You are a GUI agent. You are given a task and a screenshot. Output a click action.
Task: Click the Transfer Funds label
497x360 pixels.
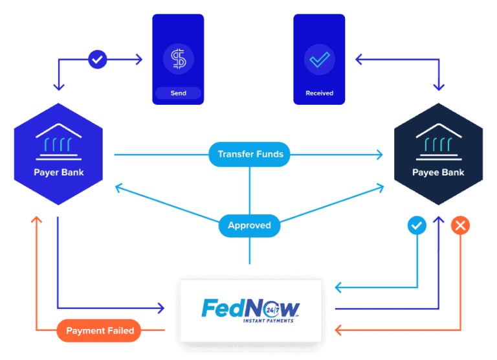(x=250, y=154)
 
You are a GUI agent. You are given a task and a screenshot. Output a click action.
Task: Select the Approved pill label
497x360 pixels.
(x=249, y=226)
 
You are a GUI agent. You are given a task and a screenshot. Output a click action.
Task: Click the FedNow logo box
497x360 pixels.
(x=251, y=311)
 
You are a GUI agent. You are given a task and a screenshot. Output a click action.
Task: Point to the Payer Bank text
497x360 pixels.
(x=59, y=173)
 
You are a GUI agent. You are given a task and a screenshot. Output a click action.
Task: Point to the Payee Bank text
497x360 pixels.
(x=438, y=173)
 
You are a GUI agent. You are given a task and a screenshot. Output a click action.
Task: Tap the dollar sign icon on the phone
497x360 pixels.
(x=178, y=59)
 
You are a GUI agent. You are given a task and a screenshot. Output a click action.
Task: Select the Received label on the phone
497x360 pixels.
(x=319, y=93)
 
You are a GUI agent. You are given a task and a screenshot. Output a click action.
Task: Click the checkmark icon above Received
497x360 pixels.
(x=319, y=59)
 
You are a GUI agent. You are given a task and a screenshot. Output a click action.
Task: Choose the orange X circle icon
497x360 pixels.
(x=460, y=226)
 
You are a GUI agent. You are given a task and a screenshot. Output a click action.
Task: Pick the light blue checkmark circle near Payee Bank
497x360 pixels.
(x=417, y=226)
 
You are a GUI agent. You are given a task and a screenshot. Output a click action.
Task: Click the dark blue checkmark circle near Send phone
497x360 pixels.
(x=97, y=60)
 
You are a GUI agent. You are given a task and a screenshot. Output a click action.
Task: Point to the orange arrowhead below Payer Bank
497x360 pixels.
(x=37, y=219)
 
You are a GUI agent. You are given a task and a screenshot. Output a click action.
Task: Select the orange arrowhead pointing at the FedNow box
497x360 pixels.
(x=338, y=331)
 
